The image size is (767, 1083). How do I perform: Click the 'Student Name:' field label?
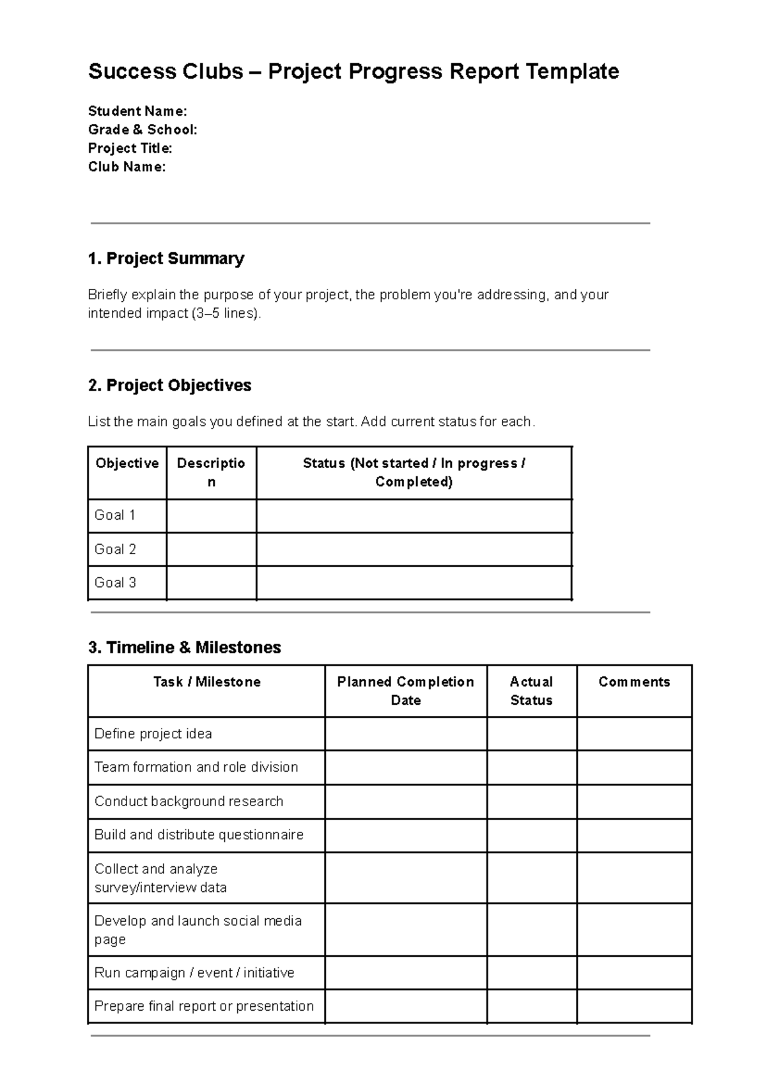137,111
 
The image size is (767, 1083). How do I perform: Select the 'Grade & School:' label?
143,130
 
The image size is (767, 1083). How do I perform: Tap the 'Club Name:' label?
127,167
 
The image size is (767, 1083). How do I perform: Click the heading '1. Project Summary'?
166,258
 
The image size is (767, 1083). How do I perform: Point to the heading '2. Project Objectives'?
169,386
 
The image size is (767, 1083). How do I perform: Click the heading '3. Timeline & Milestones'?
184,647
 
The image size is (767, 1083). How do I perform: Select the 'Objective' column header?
127,464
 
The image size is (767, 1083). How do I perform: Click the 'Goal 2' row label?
115,549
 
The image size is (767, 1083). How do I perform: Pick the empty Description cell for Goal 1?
211,516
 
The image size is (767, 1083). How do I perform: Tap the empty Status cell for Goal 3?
414,583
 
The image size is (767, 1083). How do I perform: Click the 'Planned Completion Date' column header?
405,690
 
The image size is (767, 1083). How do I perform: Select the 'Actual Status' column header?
531,690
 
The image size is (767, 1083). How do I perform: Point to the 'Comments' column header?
634,682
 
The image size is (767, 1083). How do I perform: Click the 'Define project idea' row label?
153,734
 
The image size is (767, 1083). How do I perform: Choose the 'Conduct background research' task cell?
189,802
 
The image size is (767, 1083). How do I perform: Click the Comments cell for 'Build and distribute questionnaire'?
634,835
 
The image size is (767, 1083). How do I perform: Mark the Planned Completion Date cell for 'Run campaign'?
405,973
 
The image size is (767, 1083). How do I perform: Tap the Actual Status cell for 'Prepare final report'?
531,1006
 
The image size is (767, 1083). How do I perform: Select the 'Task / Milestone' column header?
206,682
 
